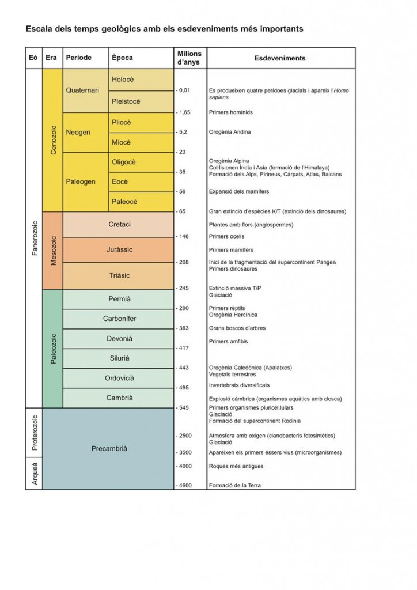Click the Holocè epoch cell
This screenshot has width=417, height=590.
tap(141, 80)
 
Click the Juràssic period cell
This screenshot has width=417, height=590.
tap(119, 249)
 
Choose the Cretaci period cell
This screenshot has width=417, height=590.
tap(119, 224)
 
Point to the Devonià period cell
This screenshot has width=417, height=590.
tap(119, 339)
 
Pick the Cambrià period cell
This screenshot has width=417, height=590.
tap(119, 398)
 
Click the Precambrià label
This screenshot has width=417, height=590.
tap(109, 448)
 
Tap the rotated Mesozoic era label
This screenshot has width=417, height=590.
tap(54, 250)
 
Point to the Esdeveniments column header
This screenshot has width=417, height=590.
tap(280, 58)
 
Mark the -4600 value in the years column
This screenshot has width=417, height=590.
tap(183, 485)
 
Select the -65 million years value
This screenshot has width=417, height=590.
tap(182, 211)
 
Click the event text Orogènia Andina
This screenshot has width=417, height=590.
tap(230, 132)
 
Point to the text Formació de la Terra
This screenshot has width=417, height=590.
tap(234, 485)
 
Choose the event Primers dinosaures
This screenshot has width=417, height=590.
tap(233, 268)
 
